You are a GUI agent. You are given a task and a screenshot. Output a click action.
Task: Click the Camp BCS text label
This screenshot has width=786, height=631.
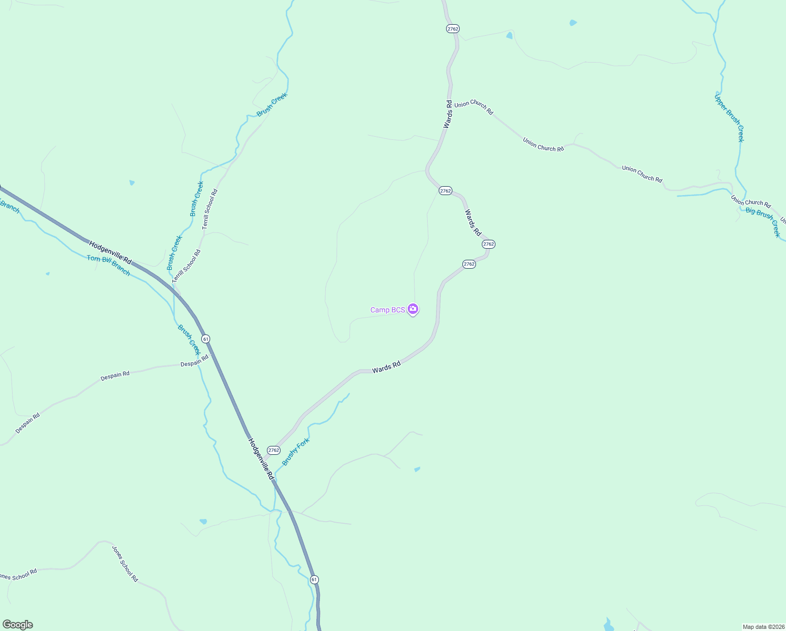tap(387, 310)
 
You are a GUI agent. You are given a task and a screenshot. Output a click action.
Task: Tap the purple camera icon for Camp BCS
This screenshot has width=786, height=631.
tap(413, 309)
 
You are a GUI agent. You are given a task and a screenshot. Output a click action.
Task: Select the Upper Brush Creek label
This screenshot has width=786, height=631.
tap(729, 118)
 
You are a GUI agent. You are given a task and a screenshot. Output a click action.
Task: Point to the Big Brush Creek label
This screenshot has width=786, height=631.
tap(763, 221)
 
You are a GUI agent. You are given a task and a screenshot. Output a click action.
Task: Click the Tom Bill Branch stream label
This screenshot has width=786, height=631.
tap(109, 265)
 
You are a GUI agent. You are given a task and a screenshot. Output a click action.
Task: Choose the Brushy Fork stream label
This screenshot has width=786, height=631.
tap(296, 452)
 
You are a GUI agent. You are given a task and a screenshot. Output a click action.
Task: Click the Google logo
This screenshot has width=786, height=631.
tap(18, 625)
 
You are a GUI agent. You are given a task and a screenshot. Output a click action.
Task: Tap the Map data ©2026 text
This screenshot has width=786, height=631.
tap(763, 627)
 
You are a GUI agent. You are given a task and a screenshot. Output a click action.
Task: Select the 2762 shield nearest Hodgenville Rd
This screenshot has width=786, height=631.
tap(273, 450)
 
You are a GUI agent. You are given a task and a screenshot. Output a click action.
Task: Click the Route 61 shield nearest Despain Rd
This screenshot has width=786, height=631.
tap(206, 339)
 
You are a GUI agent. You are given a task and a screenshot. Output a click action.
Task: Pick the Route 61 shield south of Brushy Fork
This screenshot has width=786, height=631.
tap(314, 579)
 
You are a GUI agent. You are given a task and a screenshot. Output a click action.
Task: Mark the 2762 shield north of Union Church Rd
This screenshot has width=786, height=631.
tap(453, 29)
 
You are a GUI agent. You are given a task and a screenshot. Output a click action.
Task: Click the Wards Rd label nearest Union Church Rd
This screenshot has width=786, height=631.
tap(448, 114)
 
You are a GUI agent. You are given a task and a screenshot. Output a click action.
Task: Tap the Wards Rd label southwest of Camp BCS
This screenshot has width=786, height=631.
tap(386, 367)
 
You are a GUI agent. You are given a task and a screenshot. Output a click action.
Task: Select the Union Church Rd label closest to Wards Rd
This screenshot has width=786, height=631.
tap(474, 107)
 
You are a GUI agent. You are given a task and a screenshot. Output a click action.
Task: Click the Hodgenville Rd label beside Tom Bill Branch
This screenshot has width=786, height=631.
tap(110, 252)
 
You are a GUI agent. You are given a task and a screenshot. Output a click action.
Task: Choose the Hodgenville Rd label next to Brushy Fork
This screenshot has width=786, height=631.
tap(261, 459)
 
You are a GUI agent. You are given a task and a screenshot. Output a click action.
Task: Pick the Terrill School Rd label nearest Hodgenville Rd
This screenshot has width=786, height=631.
tap(187, 266)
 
